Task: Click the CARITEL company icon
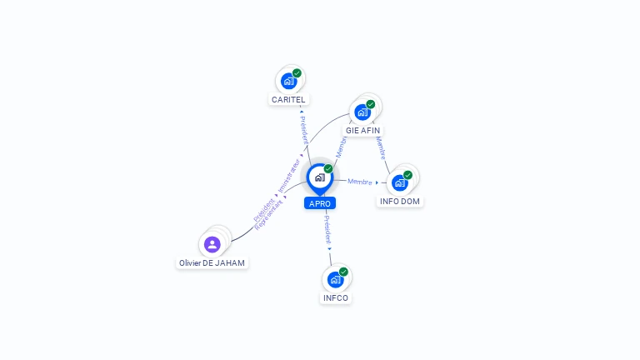pos(288,81)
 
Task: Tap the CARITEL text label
pos(288,100)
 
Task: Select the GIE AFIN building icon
pos(362,112)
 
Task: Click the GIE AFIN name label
pos(363,131)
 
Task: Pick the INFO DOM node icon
pos(400,182)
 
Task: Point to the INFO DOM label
pos(400,202)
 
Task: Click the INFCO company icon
pos(335,279)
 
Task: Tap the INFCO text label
pos(335,298)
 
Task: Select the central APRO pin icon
pos(319,177)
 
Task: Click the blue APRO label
pos(320,203)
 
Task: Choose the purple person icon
pos(212,244)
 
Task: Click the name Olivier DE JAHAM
pos(212,263)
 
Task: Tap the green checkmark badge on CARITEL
pos(297,73)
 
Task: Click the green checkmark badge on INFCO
pos(343,272)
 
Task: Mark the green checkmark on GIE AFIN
pos(371,104)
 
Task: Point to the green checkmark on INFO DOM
pos(408,175)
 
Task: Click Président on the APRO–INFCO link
pos(327,229)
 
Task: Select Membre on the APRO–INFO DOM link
pos(360,182)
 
